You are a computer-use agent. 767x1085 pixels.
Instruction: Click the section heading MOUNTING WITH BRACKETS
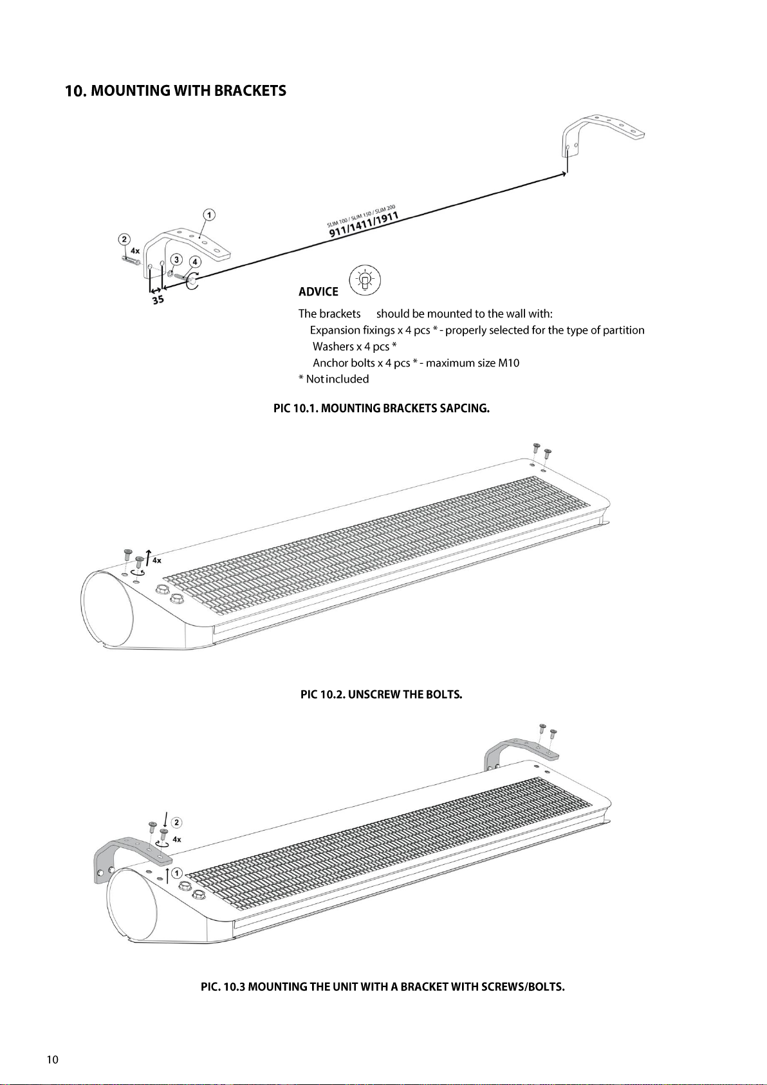176,91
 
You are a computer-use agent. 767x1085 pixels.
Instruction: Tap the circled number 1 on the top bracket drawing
209,214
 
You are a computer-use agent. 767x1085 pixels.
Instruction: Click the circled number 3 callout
176,259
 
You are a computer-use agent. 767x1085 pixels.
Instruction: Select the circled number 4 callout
194,262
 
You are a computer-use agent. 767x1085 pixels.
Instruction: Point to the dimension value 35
158,299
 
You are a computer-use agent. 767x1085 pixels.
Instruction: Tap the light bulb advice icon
365,281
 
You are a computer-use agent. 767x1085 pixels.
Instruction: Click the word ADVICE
318,292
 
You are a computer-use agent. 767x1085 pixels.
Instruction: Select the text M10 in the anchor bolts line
508,363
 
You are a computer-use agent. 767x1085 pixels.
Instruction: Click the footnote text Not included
337,379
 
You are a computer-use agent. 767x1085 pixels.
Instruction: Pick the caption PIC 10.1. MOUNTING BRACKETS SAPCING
382,408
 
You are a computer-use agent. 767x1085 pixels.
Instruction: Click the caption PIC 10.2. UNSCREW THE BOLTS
382,695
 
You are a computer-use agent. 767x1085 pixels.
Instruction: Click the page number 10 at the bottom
53,1060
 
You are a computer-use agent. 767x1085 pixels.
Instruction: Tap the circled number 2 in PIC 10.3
176,822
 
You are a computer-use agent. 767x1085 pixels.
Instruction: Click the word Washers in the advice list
333,346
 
